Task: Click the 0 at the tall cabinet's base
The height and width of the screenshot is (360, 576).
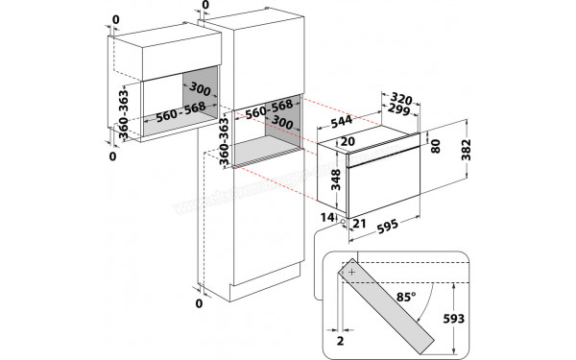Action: [x=200, y=304]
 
